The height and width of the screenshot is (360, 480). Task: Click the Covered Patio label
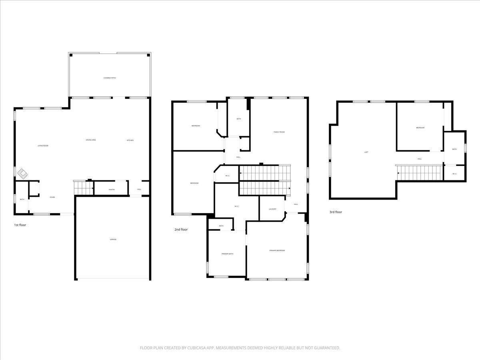(x=110, y=78)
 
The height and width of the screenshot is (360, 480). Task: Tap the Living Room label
(x=43, y=146)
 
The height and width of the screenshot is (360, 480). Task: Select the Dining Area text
(x=91, y=140)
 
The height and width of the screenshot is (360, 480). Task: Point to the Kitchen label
(x=130, y=140)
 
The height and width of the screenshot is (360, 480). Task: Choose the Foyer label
(x=52, y=197)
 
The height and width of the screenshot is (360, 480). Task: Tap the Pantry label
(x=112, y=190)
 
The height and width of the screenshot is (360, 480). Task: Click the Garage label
(x=113, y=239)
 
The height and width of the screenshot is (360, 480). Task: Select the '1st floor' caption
(x=20, y=225)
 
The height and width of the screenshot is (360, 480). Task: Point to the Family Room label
(x=279, y=132)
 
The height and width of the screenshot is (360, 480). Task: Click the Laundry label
(x=272, y=209)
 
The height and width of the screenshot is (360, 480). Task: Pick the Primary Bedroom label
(x=277, y=250)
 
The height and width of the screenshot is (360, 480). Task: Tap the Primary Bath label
(x=227, y=254)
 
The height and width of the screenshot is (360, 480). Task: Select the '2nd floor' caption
(x=181, y=230)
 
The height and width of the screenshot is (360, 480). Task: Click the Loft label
(x=366, y=152)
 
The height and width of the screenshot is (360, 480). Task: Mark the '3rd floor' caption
(x=336, y=212)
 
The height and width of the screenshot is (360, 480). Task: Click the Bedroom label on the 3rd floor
(x=420, y=128)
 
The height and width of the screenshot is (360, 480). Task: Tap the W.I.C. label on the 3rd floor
(x=454, y=174)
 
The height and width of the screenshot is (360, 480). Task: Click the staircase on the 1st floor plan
(x=83, y=187)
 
